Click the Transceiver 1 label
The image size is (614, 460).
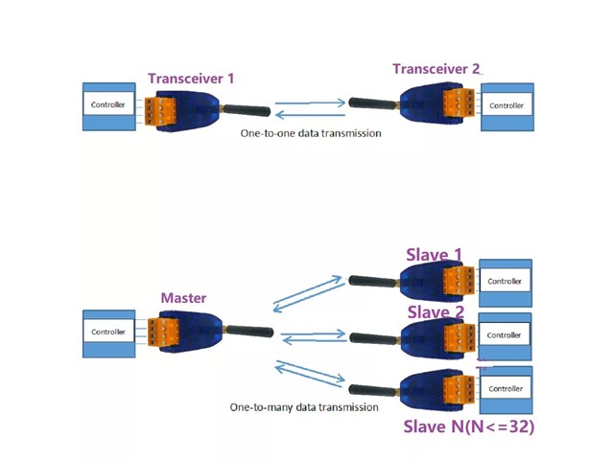(x=190, y=78)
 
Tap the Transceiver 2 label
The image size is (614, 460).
(x=436, y=69)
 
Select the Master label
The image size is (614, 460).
(x=182, y=298)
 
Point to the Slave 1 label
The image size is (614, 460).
(x=435, y=255)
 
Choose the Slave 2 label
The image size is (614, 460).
(x=436, y=312)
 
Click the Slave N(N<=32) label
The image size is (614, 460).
(x=467, y=426)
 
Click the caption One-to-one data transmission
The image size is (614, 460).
(x=311, y=133)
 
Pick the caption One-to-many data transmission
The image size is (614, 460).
(x=303, y=406)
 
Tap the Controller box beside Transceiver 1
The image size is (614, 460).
(x=107, y=104)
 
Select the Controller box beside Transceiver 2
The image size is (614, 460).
(x=507, y=106)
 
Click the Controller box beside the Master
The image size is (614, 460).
(x=107, y=333)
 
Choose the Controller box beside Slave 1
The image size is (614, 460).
(x=505, y=282)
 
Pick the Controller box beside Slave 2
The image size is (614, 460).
(x=505, y=335)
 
